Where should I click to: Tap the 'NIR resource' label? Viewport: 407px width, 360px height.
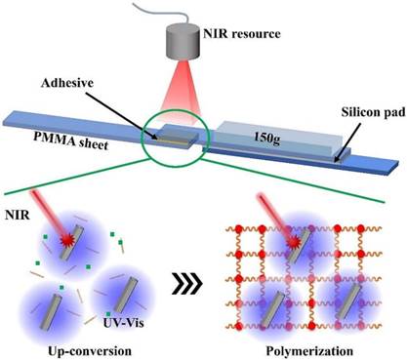coord(242,34)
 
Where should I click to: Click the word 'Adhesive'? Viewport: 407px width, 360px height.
coord(67,83)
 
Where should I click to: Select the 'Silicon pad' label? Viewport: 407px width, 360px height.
coord(374,112)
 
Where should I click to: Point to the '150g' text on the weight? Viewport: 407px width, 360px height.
coord(266,138)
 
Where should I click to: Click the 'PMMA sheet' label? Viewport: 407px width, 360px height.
coord(70,140)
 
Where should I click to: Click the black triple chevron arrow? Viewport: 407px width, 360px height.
coord(187,283)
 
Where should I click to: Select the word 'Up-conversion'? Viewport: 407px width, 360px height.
coord(90,351)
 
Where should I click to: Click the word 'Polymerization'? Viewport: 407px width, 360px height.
coord(309,351)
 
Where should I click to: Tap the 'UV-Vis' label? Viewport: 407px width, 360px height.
coord(123,323)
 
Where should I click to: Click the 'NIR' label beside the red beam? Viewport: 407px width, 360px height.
coord(18,215)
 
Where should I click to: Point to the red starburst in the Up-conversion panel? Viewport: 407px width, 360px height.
coord(68,241)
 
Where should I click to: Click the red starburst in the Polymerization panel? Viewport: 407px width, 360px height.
coord(294,242)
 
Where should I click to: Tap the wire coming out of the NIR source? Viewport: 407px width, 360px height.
coord(158,14)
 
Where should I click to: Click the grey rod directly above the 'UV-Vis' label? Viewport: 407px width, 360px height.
coord(124,295)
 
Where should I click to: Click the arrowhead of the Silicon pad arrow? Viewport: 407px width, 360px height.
coord(337,160)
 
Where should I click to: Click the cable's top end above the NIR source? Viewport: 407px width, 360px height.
coord(134,2)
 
